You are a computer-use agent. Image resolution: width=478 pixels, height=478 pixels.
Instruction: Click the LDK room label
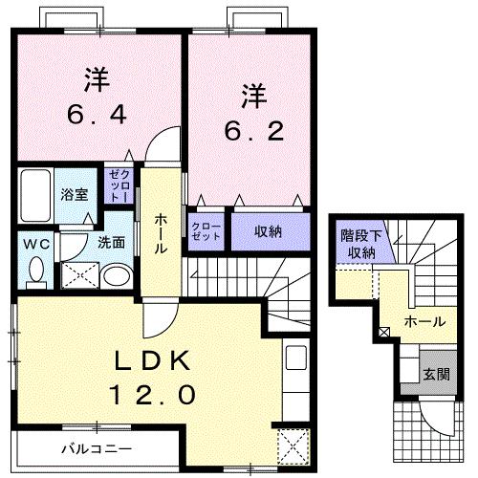tap(158, 362)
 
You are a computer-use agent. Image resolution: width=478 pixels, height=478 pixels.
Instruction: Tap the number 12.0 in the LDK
tap(158, 393)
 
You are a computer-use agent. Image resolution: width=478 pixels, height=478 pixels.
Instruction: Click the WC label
tap(36, 243)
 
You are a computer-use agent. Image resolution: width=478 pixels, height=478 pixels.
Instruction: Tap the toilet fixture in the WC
tap(36, 271)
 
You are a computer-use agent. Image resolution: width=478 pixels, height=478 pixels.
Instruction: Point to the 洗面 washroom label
tap(111, 242)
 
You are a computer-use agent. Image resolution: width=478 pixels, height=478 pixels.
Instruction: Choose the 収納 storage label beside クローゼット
tap(268, 230)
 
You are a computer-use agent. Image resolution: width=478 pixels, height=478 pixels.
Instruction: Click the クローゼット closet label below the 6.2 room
tap(205, 231)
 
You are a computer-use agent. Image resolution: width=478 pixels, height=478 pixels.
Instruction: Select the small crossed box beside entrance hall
tap(384, 333)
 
